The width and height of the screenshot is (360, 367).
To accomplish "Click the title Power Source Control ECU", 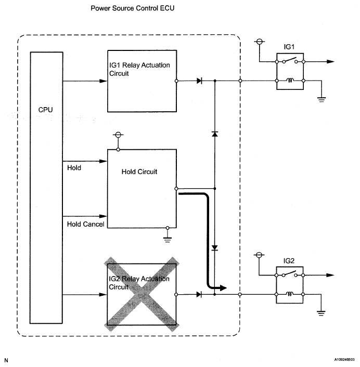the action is (132, 8).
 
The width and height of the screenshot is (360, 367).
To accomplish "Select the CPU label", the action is (45, 110).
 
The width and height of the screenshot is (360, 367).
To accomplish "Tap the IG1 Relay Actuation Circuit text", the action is (139, 69).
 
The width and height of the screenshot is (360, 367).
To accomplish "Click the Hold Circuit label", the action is (139, 172).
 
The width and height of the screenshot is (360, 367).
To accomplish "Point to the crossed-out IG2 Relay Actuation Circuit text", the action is (139, 283).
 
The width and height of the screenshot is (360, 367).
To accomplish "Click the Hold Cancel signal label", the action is (85, 224).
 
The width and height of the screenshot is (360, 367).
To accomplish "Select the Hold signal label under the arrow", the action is (74, 168).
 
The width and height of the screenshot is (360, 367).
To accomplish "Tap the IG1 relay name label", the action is (289, 47).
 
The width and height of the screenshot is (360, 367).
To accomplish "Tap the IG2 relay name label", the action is (289, 261).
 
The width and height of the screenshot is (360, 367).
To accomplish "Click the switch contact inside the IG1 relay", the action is (290, 60).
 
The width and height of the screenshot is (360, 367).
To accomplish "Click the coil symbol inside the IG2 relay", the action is (290, 294).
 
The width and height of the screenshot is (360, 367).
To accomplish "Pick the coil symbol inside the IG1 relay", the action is (290, 80).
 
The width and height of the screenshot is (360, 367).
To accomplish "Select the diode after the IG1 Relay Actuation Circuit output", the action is (199, 81).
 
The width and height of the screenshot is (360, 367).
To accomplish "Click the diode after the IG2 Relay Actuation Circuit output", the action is (199, 294).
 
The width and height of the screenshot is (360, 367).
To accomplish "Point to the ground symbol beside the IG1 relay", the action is (322, 99).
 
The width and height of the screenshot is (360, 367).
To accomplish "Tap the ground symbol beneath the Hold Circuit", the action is (167, 240).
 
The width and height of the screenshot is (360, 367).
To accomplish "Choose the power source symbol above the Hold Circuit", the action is (118, 135).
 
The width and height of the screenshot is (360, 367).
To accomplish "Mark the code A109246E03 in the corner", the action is (344, 360).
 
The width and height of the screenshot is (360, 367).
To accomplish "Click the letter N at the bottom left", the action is (6, 360).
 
